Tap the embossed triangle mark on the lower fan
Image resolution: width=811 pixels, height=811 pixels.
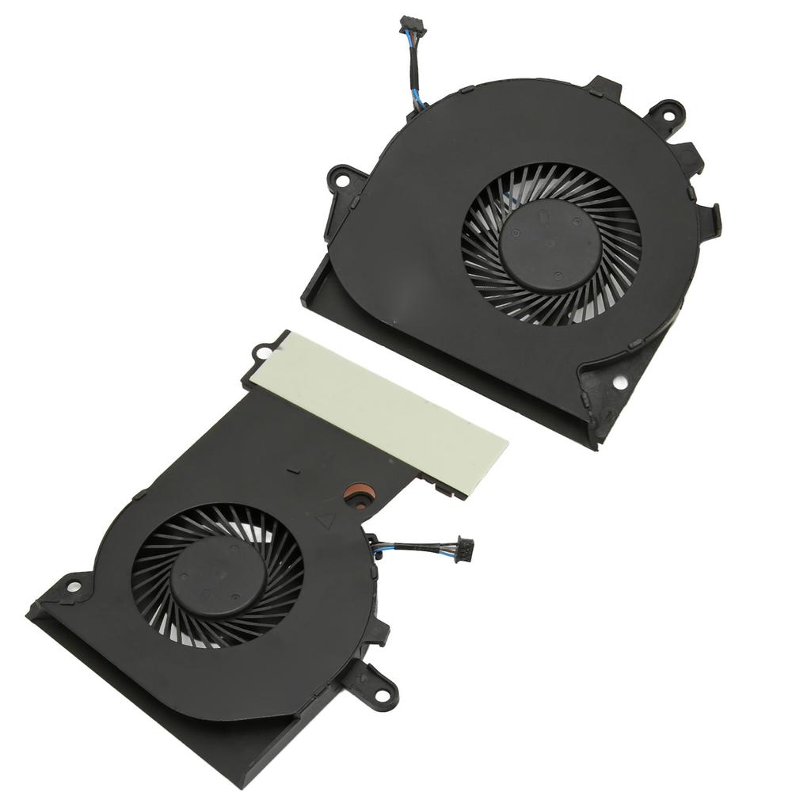coord(325,521)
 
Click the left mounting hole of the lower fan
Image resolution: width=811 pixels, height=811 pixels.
coord(72,587)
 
